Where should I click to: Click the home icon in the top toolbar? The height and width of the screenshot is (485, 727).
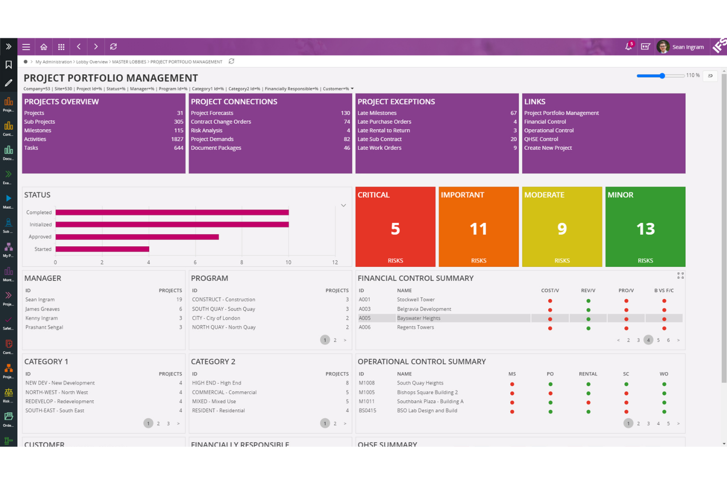pos(44,47)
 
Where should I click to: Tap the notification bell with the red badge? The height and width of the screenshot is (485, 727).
pos(628,47)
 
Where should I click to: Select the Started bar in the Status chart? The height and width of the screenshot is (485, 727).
pos(102,249)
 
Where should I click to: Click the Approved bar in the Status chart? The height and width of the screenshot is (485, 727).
pos(137,237)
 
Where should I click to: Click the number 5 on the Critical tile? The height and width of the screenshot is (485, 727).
pos(395,228)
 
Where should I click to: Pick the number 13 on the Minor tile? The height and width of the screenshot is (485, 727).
pos(645,228)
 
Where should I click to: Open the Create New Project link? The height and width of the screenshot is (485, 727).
pos(548,148)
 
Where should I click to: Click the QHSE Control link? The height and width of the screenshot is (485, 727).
pos(541,139)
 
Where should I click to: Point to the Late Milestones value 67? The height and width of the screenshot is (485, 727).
pos(513,113)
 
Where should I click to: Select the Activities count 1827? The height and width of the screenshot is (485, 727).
pos(177,139)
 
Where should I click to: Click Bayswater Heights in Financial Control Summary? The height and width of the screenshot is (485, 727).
pos(419,318)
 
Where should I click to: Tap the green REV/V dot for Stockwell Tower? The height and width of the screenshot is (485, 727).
pos(588,301)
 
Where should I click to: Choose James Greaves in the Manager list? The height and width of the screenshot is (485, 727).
pos(42,309)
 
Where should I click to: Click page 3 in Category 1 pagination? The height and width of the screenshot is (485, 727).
pos(168,424)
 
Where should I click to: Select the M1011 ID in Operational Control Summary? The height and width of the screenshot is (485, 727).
pos(366,401)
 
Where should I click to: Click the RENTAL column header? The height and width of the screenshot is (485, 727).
pos(588,374)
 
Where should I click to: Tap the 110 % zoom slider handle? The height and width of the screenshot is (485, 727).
pos(662,76)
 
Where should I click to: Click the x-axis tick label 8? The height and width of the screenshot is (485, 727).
pos(242,262)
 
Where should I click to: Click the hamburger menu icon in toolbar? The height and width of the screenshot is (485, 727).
pos(26,47)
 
